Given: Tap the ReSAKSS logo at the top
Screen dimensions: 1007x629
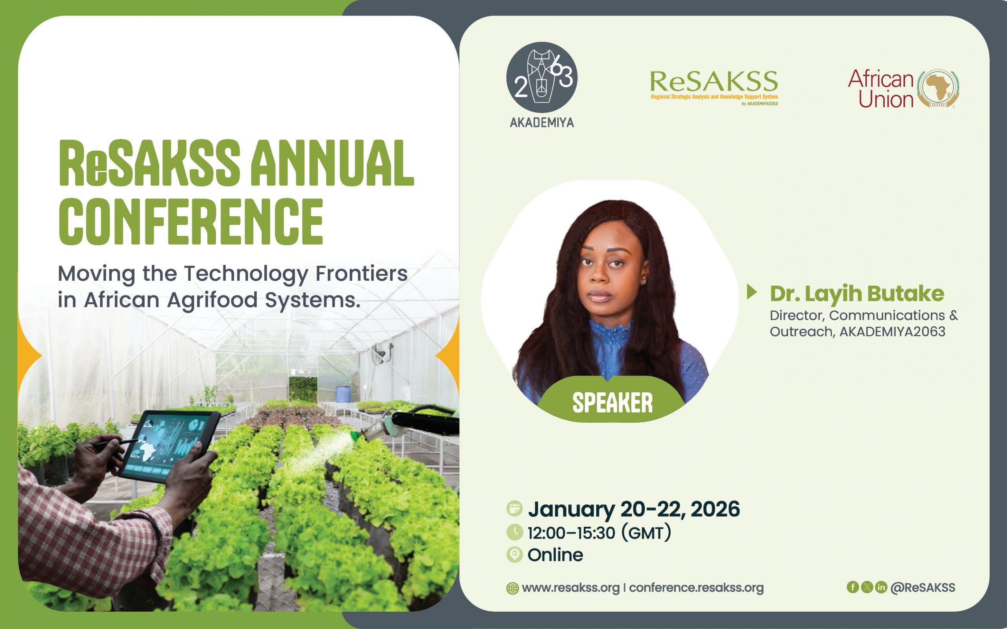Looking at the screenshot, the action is (x=714, y=88).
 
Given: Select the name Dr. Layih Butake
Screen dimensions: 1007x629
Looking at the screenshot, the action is (x=857, y=294).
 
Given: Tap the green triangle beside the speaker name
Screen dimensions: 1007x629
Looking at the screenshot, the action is (x=752, y=292).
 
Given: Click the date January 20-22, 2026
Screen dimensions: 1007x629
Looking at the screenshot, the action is (x=634, y=509).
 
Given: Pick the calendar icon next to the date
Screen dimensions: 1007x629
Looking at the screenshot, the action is (x=515, y=509).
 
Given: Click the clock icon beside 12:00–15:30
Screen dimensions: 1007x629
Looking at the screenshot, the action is (x=515, y=532).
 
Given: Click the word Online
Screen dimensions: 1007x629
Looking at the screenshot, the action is (x=555, y=555).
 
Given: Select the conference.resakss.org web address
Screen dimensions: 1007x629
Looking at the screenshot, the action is (x=696, y=588).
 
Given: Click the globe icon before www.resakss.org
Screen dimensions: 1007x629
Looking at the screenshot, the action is (x=512, y=588).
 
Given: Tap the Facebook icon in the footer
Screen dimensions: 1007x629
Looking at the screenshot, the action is (x=853, y=587).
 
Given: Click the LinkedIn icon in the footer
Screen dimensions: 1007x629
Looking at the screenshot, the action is (x=881, y=587).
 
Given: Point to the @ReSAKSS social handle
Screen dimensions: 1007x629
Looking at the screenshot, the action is (x=923, y=587).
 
